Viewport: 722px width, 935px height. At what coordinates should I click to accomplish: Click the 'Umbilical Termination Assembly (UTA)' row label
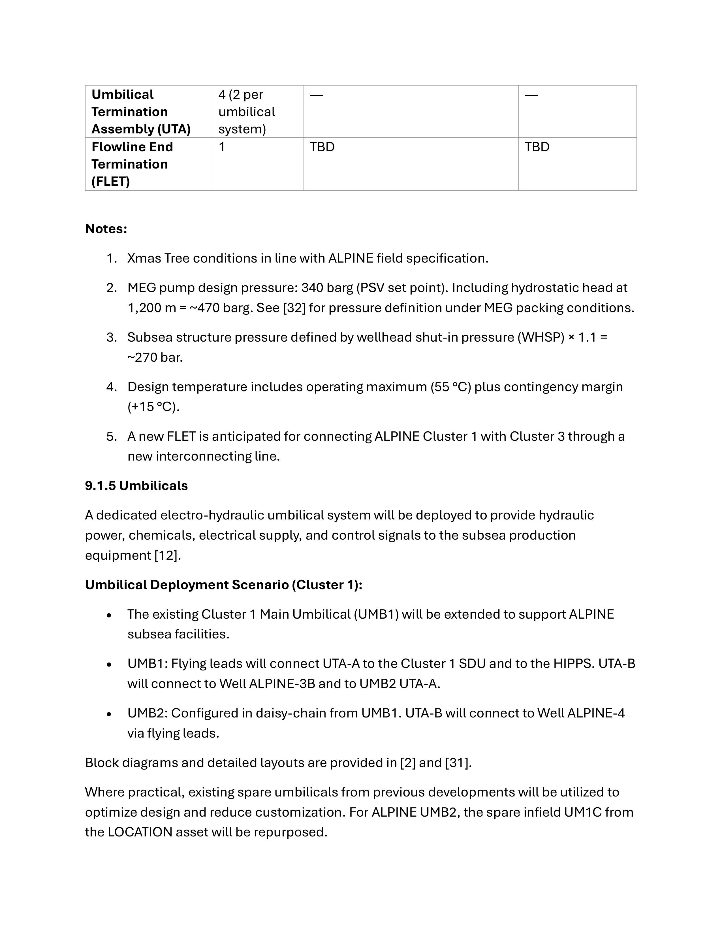[141, 112]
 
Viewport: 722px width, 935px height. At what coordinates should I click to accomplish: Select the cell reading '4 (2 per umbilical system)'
[247, 112]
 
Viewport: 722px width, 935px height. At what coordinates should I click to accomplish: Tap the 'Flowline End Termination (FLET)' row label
[132, 164]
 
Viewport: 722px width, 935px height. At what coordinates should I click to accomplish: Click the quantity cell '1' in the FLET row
[222, 147]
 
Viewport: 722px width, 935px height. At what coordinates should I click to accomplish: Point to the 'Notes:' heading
[106, 229]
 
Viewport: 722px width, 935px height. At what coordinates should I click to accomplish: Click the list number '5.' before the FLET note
[112, 436]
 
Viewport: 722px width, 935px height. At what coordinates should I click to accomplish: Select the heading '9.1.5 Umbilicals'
[136, 485]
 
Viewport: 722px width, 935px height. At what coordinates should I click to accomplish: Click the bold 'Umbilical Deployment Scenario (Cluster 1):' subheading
[223, 585]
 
